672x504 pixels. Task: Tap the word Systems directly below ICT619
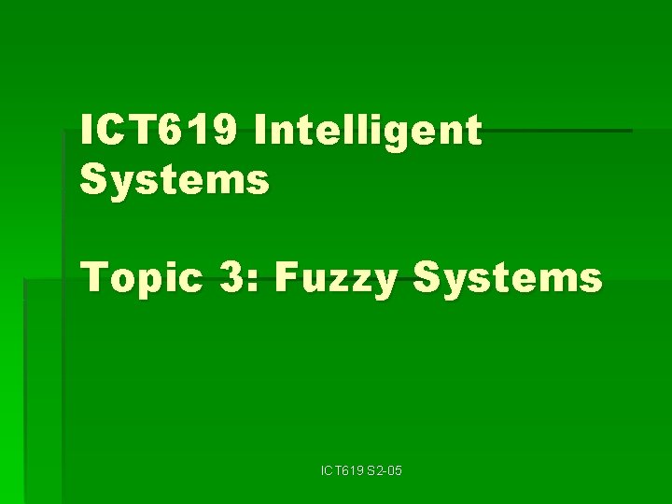click(175, 177)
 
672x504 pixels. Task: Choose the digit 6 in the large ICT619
click(180, 131)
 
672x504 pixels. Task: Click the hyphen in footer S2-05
click(385, 472)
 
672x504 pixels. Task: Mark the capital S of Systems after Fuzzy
click(429, 277)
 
